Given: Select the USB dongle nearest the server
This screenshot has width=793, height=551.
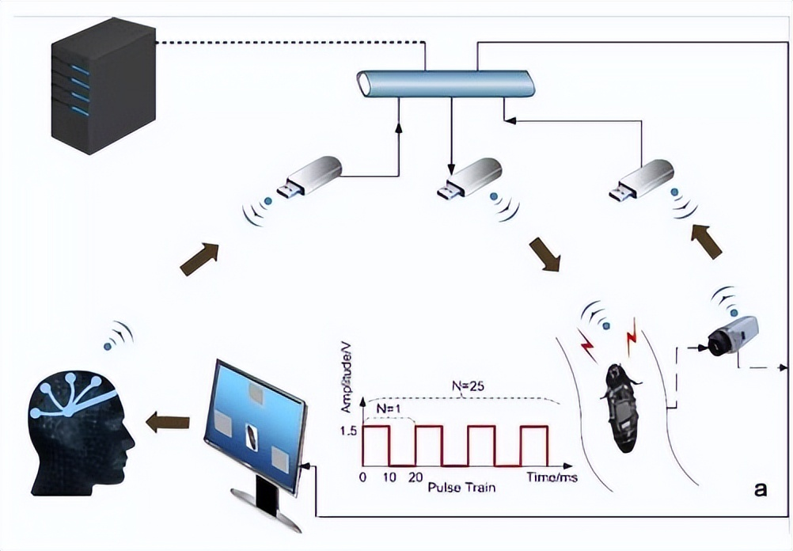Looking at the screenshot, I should point(309,177).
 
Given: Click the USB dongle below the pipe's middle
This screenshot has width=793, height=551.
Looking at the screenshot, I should point(471,177).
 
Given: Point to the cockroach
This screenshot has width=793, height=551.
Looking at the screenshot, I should point(620,408).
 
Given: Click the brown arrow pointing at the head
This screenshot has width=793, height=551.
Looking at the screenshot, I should point(168,422).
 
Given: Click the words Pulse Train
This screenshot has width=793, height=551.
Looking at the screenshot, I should point(461,487).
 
